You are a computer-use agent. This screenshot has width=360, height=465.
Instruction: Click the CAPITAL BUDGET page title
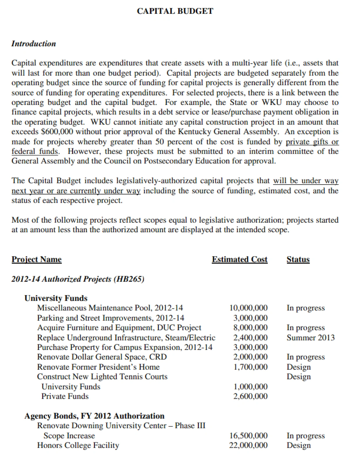pyautogui.click(x=175, y=11)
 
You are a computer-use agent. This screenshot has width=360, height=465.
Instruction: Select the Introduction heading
pyautogui.click(x=33, y=44)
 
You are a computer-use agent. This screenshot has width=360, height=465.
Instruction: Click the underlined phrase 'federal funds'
pyautogui.click(x=35, y=151)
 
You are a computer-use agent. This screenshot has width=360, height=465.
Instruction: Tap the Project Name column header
pyautogui.click(x=36, y=259)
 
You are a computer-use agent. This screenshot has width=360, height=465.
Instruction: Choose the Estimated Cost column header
pyautogui.click(x=239, y=259)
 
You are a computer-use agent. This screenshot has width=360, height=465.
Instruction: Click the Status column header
pyautogui.click(x=298, y=259)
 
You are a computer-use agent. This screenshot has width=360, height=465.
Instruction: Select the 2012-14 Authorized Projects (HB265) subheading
pyautogui.click(x=78, y=279)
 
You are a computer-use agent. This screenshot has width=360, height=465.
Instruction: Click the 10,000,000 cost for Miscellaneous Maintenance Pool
pyautogui.click(x=248, y=308)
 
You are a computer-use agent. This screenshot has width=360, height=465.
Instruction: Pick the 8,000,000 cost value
pyautogui.click(x=250, y=328)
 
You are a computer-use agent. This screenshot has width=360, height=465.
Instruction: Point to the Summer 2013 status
pyautogui.click(x=311, y=337)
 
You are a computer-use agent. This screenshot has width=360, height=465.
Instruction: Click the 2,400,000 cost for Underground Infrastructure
pyautogui.click(x=250, y=337)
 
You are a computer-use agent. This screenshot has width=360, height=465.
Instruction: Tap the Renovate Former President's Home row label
pyautogui.click(x=98, y=367)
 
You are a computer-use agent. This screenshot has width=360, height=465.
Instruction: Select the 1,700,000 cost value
pyautogui.click(x=250, y=367)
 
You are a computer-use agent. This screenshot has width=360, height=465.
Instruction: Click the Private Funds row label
pyautogui.click(x=65, y=396)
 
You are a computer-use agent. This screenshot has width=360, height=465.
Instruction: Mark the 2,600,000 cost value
pyautogui.click(x=250, y=396)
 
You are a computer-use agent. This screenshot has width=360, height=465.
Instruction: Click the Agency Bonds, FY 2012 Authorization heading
pyautogui.click(x=94, y=416)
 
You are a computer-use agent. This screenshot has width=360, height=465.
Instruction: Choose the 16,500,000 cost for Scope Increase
pyautogui.click(x=248, y=436)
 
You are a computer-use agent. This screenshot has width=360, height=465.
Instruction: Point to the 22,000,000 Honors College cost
pyautogui.click(x=248, y=445)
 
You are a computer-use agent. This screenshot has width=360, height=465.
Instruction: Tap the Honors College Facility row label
pyautogui.click(x=78, y=445)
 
